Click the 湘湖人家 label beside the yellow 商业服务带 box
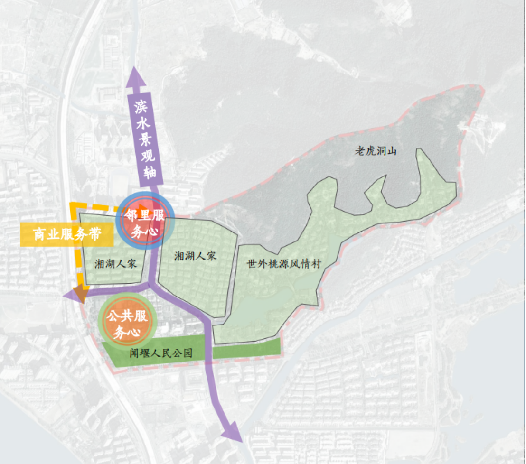[115, 264]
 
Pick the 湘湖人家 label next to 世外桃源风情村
[195, 256]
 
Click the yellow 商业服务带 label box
[67, 234]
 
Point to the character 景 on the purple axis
[145, 141]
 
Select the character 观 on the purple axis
[148, 157]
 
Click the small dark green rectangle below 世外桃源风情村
[247, 351]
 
